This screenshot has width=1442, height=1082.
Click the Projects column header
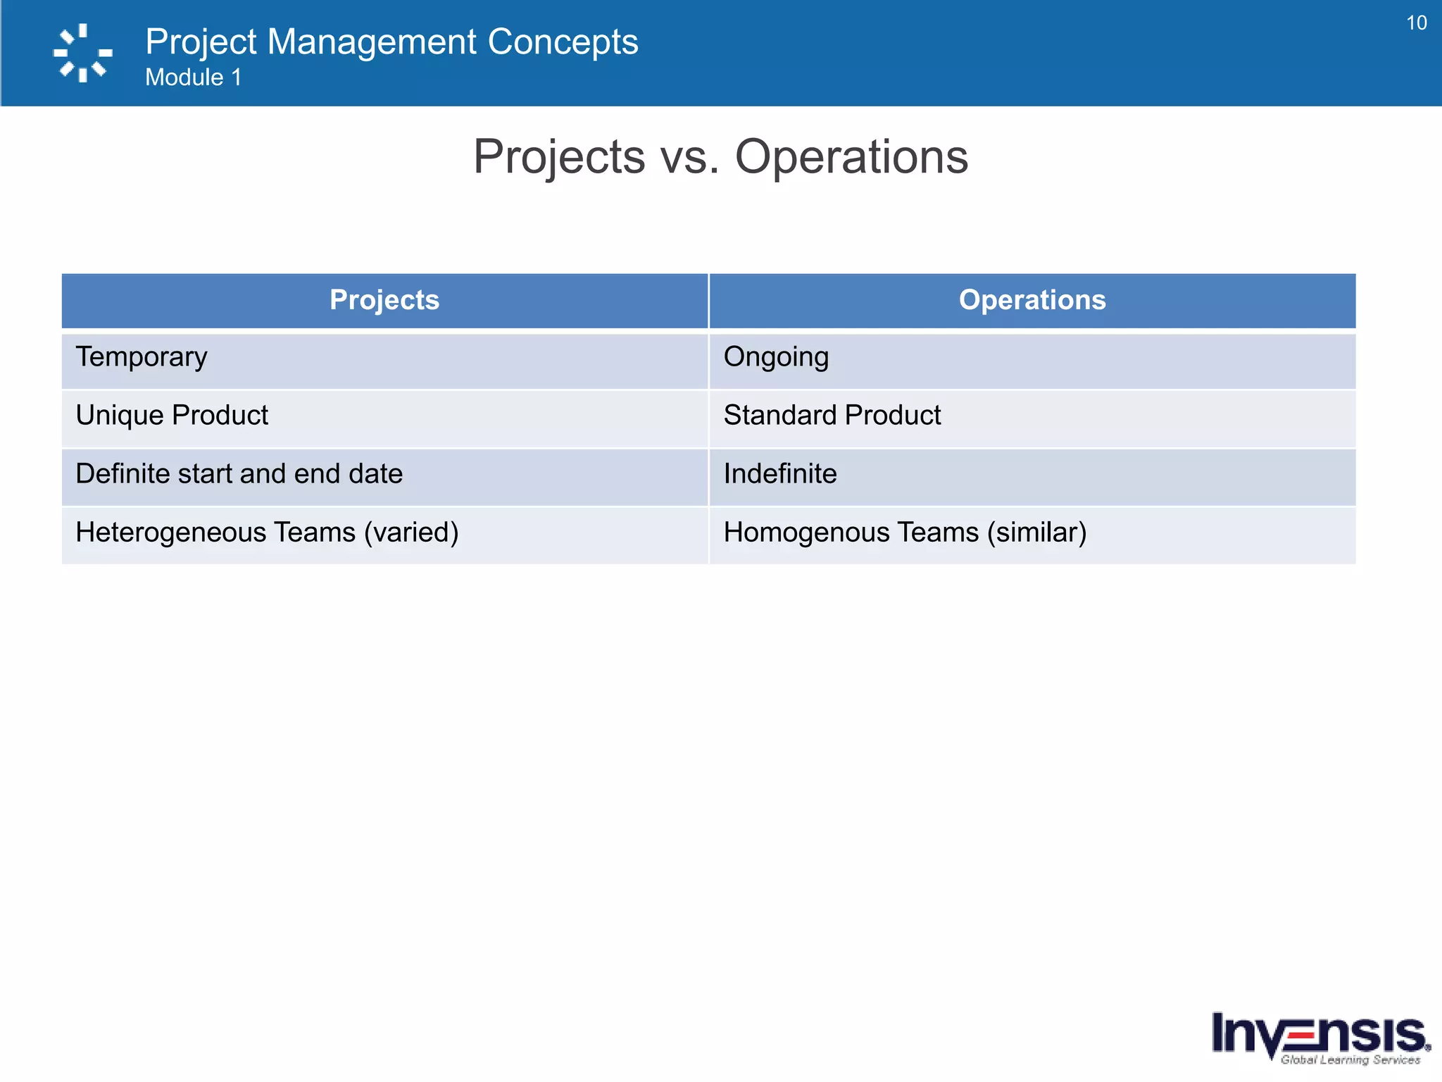(x=384, y=300)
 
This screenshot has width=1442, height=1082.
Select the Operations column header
(x=1032, y=300)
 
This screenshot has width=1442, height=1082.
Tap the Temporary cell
(x=142, y=357)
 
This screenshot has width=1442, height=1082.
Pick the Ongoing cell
(x=776, y=357)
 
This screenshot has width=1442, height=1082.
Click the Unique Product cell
(x=172, y=416)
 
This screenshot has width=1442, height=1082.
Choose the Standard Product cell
(x=832, y=416)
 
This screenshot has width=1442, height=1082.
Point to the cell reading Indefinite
(x=780, y=474)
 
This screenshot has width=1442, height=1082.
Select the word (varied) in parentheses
(x=411, y=533)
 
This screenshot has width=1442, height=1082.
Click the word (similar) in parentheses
(x=1036, y=533)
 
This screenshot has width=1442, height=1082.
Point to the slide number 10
(x=1416, y=23)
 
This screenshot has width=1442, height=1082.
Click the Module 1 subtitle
(x=193, y=77)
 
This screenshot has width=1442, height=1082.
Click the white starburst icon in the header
(x=82, y=53)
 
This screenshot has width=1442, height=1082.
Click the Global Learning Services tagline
(x=1350, y=1059)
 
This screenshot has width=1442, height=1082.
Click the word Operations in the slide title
(x=851, y=157)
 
